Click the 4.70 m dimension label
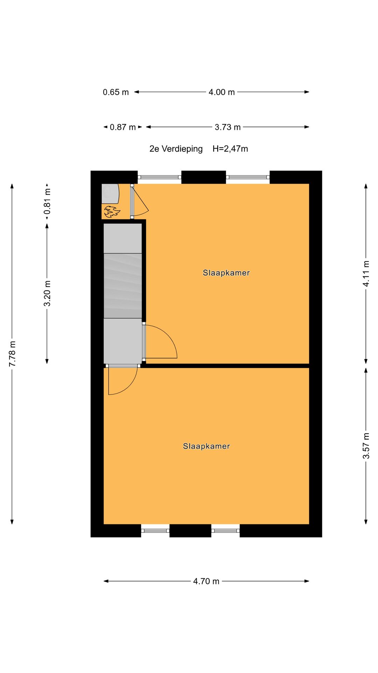(206, 581)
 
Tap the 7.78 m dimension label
(13, 354)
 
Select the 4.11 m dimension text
(366, 274)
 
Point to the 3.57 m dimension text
(366, 446)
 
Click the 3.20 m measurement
(47, 293)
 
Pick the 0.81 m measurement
(47, 201)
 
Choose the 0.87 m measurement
(122, 127)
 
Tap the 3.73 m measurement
(227, 127)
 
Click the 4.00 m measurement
(222, 92)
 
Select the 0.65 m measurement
(116, 92)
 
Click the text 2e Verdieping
(176, 149)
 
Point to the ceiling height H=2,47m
(230, 149)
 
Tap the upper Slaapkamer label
(226, 273)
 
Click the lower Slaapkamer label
(206, 446)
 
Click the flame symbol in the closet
(112, 211)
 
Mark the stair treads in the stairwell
(123, 285)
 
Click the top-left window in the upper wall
(159, 177)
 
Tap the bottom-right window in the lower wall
(225, 531)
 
